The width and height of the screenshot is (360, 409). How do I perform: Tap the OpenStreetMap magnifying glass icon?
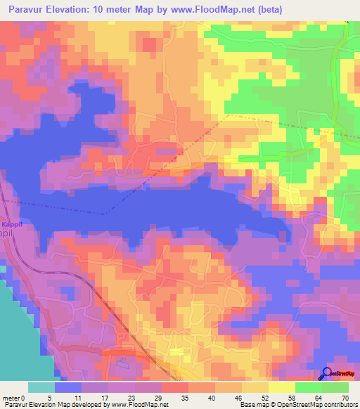click(x=327, y=375)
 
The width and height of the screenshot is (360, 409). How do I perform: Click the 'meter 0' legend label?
click(x=14, y=397)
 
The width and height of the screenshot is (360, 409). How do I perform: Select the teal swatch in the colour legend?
click(x=41, y=387)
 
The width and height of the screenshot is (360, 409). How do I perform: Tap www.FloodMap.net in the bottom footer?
click(x=138, y=405)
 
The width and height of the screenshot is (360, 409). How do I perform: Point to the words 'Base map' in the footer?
click(x=253, y=405)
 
